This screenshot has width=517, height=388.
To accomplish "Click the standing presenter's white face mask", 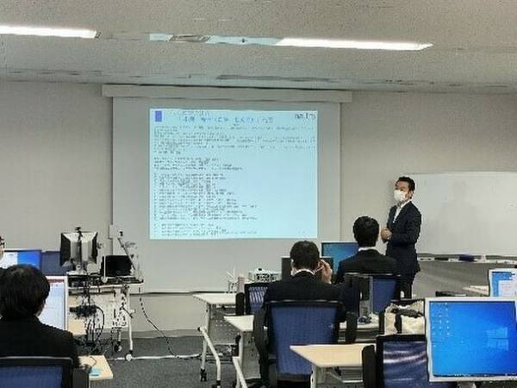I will pyautogui.click(x=401, y=196).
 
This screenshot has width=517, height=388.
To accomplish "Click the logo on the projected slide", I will pyautogui.click(x=304, y=115).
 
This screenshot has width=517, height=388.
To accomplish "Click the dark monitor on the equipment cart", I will pyautogui.click(x=78, y=248).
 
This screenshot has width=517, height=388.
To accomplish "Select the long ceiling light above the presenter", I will pyautogui.click(x=353, y=43).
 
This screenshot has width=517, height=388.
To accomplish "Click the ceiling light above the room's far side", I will pyautogui.click(x=47, y=31).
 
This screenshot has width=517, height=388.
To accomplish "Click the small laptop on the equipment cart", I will pyautogui.click(x=115, y=266).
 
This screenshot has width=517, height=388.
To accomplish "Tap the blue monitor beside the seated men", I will pyautogui.click(x=339, y=252).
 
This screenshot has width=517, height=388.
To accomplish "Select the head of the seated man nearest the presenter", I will pyautogui.click(x=367, y=230).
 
